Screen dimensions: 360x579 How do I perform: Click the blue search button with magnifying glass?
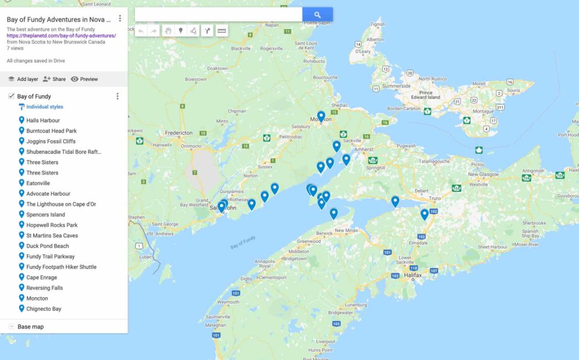point(318,14)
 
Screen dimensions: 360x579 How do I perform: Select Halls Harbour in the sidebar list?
point(43,121)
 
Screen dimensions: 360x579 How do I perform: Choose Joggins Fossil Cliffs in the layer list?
point(51,141)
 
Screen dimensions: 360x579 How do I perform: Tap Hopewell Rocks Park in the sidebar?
point(52,225)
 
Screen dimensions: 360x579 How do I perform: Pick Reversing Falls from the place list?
point(44,288)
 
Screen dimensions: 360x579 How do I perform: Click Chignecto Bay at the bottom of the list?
point(44,309)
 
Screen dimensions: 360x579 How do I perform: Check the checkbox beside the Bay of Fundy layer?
point(11,96)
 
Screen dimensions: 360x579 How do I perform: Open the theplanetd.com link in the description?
point(61,36)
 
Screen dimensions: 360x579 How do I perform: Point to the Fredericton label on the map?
point(178,133)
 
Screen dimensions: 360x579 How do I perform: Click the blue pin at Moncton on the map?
point(321,117)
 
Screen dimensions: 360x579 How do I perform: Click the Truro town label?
point(435,199)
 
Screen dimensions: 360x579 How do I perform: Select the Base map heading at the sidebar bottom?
point(30,327)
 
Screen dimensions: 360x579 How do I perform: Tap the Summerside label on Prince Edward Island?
point(396,86)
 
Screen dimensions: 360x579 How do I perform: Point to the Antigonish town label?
point(533,171)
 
